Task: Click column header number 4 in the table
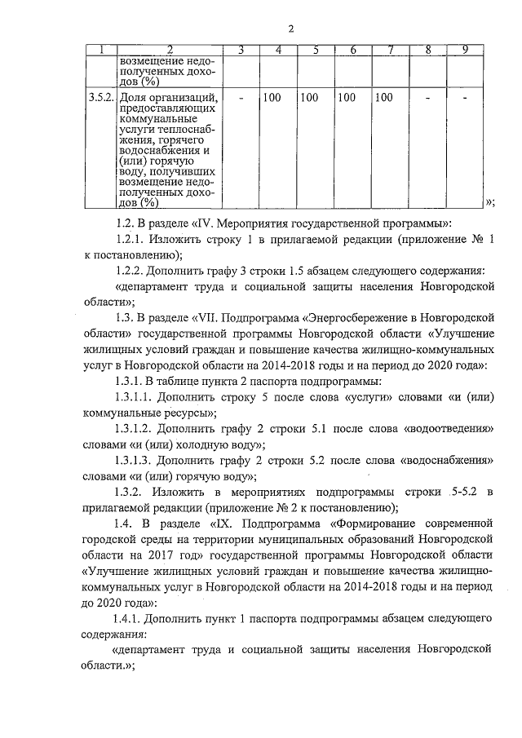[279, 51]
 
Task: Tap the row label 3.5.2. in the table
[101, 99]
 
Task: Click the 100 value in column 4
[272, 99]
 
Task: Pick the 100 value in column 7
[383, 99]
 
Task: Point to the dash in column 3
[241, 99]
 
